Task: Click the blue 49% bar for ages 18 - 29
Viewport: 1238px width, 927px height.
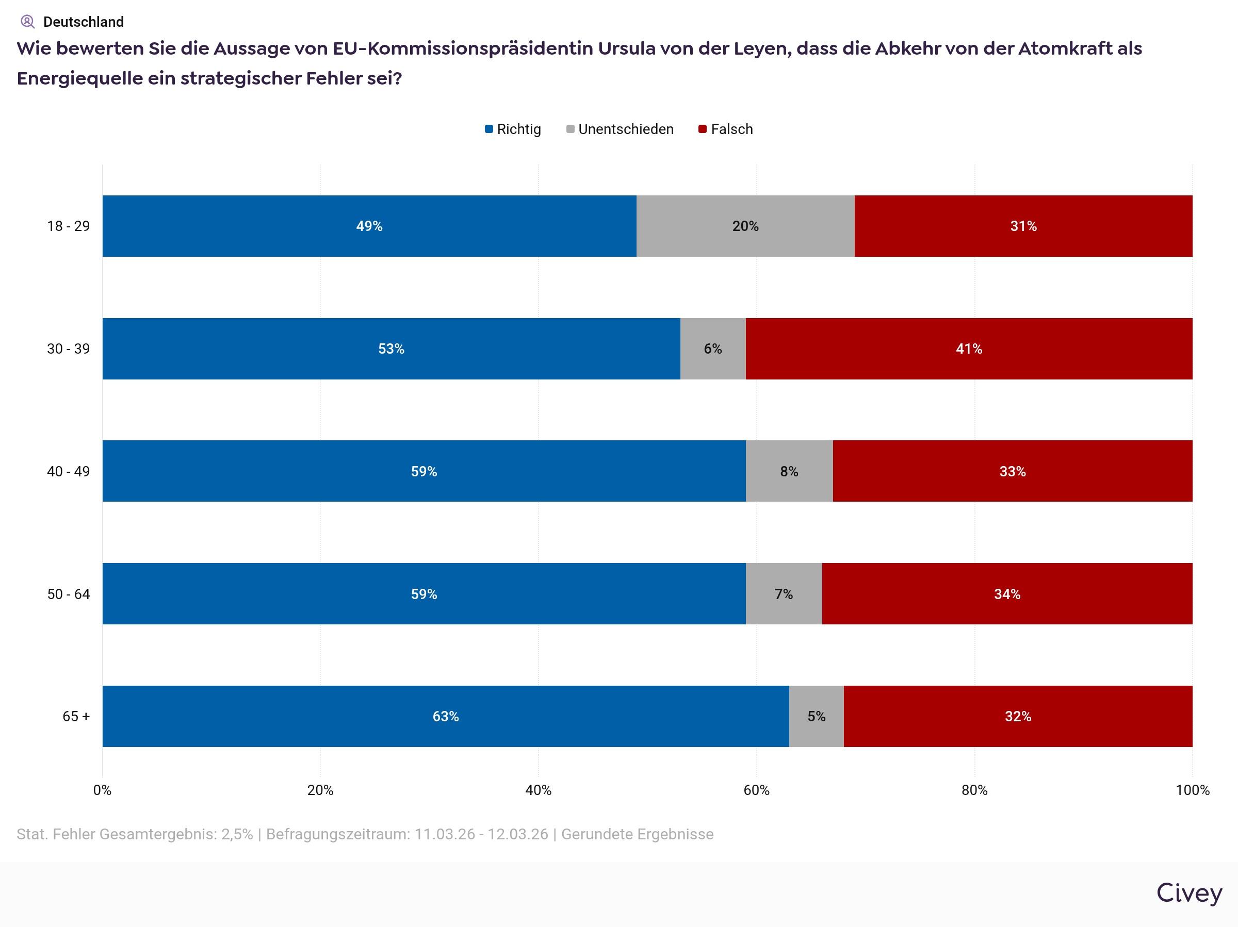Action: coord(369,226)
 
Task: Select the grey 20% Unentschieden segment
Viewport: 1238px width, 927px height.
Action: coord(745,226)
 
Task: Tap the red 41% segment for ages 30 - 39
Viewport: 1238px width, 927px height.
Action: coord(969,349)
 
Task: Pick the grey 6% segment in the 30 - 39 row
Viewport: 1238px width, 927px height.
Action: coord(712,349)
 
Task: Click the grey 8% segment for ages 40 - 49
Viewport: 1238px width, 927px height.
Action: coord(789,471)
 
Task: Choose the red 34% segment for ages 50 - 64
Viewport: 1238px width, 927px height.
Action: coord(1007,593)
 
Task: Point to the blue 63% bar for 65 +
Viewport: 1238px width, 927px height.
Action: coord(446,716)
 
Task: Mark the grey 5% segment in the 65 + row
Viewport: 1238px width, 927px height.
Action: coord(816,716)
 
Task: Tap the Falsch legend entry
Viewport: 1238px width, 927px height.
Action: coord(726,129)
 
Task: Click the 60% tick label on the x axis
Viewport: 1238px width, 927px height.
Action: coord(756,790)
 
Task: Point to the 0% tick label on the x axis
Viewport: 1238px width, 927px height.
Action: coord(103,790)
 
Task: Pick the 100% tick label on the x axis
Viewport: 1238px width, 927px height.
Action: coord(1192,790)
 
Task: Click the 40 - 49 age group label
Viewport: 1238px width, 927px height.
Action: coord(68,471)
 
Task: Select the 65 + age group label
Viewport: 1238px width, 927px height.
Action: coord(75,716)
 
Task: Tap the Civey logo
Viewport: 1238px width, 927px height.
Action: coord(1189,893)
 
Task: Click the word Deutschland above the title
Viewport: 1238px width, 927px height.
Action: coord(84,22)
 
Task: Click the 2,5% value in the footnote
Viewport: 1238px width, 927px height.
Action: coord(237,834)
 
